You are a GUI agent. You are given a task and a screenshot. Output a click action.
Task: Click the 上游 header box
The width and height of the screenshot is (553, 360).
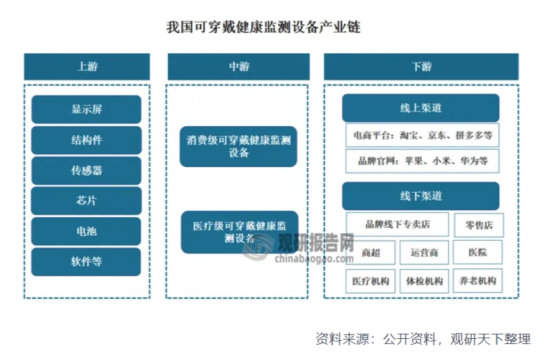[87, 67]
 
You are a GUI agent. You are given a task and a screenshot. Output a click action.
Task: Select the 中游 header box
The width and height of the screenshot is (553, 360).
[239, 67]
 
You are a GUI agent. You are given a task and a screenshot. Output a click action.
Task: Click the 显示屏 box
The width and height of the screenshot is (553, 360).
[86, 110]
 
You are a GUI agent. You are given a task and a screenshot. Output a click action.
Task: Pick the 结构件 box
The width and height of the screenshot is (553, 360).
[86, 140]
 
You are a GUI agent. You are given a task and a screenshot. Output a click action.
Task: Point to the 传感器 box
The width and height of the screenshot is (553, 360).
[86, 170]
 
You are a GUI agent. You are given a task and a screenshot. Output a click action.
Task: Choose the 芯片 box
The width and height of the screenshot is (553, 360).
[86, 200]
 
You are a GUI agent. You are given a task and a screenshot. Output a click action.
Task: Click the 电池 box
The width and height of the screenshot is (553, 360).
[86, 231]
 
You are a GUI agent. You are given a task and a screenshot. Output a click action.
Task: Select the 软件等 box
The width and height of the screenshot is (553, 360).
[86, 262]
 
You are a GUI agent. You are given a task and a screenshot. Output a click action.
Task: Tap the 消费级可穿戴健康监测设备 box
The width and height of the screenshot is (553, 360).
[239, 147]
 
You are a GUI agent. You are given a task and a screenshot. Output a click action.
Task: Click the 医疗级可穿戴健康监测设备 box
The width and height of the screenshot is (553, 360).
[239, 232]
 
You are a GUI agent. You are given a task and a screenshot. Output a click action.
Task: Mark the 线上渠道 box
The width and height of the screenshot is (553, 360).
[421, 108]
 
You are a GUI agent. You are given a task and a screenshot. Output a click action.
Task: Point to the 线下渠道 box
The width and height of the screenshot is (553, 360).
[421, 195]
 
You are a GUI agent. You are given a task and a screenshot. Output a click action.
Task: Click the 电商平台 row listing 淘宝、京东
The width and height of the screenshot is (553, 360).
[422, 136]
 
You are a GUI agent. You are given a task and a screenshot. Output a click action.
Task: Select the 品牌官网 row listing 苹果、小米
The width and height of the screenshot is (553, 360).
[422, 161]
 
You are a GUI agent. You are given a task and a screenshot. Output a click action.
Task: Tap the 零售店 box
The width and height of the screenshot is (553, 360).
[479, 225]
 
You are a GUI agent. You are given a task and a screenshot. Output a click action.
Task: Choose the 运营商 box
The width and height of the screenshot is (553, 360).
[424, 253]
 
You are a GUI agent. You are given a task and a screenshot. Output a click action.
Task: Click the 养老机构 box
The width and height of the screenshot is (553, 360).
[477, 281]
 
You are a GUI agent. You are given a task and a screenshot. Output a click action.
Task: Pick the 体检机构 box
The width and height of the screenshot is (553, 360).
[424, 281]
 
